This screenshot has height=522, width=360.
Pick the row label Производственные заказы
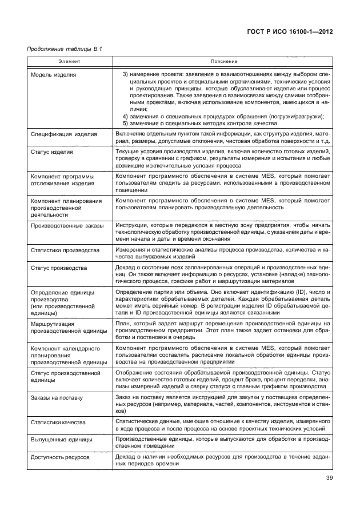[67, 226]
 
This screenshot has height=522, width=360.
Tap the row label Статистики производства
[65, 251]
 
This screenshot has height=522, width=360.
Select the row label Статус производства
[59, 268]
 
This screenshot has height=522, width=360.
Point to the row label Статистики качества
[58, 423]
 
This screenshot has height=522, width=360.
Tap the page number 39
[327, 478]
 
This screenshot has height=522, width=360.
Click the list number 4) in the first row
[126, 116]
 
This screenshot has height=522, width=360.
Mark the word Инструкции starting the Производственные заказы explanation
[133, 226]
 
